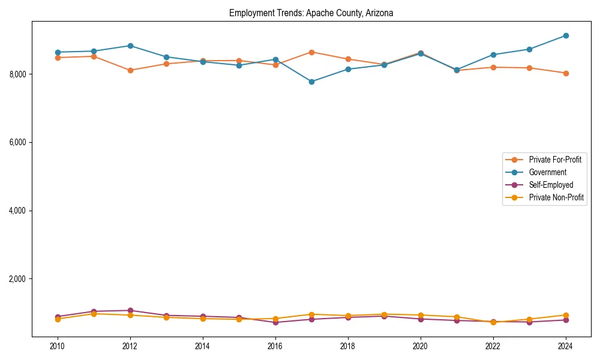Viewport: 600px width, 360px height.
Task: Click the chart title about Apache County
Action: (311, 13)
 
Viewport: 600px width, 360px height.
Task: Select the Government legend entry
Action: (547, 172)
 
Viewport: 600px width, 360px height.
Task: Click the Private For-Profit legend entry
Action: (555, 160)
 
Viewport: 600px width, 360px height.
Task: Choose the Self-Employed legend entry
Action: (551, 185)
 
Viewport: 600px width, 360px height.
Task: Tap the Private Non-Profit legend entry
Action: (556, 197)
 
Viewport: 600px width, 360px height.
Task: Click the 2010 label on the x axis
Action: (58, 346)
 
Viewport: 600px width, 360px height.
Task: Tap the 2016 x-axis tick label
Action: (275, 346)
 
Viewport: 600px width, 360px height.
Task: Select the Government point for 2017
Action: (311, 82)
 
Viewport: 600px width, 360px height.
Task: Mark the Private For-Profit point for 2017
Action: (311, 52)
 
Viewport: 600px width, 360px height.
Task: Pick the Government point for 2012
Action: (130, 46)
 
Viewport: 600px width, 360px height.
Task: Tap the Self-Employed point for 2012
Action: (130, 310)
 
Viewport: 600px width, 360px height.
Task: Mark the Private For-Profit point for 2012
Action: (130, 70)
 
